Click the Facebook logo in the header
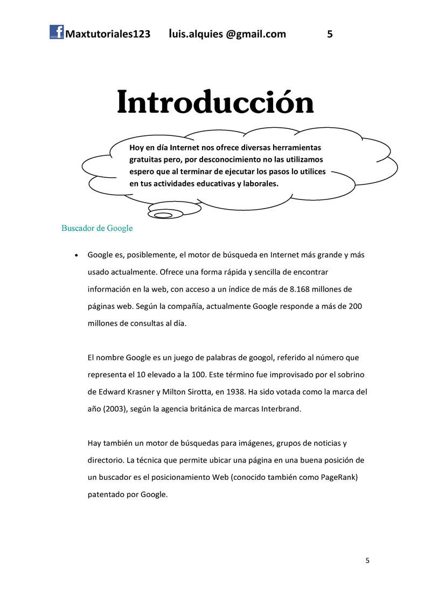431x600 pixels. tap(57, 32)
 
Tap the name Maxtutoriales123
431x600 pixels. tap(107, 35)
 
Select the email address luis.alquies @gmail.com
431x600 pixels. tap(227, 35)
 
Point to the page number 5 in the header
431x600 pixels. tap(330, 35)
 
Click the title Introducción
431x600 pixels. tap(215, 102)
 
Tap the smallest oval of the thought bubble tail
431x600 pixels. tap(159, 216)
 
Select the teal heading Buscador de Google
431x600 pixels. tap(97, 228)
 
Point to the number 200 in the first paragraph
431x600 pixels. tap(355, 306)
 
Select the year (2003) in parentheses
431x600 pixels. tap(116, 409)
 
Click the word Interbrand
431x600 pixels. tap(280, 409)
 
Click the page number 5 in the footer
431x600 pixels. tap(367, 561)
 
